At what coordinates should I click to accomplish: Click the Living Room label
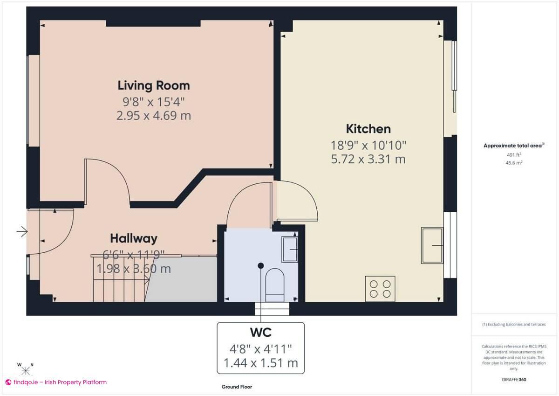[153, 86]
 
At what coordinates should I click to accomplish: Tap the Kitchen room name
[368, 129]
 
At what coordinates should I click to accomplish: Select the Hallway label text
[134, 238]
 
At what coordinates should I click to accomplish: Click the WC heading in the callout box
[261, 333]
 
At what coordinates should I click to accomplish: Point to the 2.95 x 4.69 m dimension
[153, 116]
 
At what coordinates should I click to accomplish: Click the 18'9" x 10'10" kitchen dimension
[368, 145]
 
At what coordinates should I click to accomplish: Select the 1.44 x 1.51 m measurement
[261, 363]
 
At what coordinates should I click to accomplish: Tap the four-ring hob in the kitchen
[380, 289]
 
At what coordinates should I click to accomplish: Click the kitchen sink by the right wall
[432, 245]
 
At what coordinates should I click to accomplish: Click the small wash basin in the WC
[290, 249]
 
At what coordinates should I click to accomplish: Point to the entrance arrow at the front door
[22, 231]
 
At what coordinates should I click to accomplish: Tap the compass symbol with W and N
[26, 370]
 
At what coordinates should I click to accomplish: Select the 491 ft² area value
[513, 154]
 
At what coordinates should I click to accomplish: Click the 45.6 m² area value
[513, 162]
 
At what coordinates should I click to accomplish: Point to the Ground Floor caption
[237, 387]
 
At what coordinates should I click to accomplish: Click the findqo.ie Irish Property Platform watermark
[56, 382]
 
